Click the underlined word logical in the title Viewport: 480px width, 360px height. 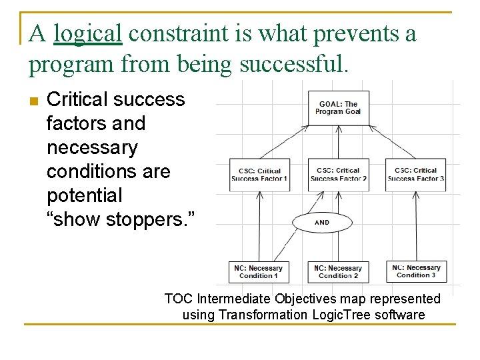[x=88, y=35]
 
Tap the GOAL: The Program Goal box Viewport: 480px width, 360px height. [x=339, y=108]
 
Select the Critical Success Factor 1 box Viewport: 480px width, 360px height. [x=259, y=175]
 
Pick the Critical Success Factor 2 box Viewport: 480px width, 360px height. [x=339, y=175]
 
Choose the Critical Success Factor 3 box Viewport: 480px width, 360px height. [x=416, y=175]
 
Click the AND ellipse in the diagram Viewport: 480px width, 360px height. [x=323, y=223]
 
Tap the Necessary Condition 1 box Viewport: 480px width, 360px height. [x=259, y=272]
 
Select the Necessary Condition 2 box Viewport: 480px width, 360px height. [x=338, y=272]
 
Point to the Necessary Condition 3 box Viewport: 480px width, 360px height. [x=417, y=271]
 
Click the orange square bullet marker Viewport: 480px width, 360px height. [x=34, y=101]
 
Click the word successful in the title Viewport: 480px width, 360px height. [x=295, y=64]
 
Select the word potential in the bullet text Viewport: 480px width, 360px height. [x=85, y=195]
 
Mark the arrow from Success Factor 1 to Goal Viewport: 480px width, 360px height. [x=284, y=142]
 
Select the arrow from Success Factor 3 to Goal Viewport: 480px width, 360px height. [x=393, y=142]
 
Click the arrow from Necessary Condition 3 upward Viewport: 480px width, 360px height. [x=416, y=226]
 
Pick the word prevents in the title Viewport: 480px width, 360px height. [x=357, y=35]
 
